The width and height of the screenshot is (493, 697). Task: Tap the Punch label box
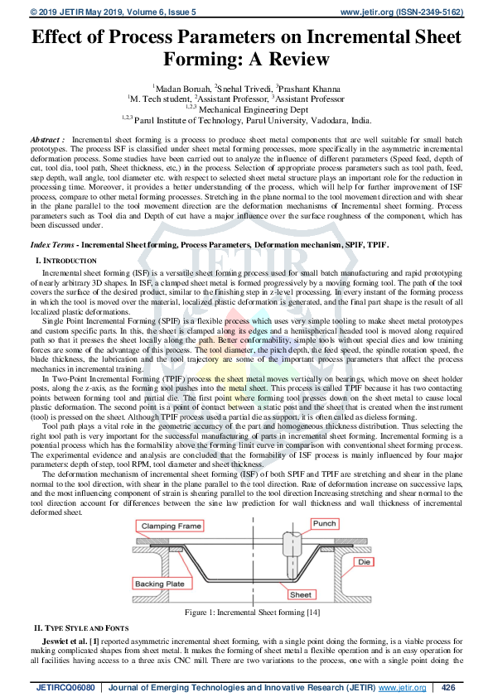point(324,523)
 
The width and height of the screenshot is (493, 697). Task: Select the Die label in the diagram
point(364,560)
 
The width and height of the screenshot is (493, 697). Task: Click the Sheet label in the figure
point(300,594)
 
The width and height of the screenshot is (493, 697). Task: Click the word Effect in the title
point(64,37)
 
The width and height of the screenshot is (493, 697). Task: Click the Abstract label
point(47,142)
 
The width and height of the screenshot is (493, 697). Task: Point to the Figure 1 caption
point(246,612)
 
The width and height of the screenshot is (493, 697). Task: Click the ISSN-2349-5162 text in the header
point(431,12)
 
